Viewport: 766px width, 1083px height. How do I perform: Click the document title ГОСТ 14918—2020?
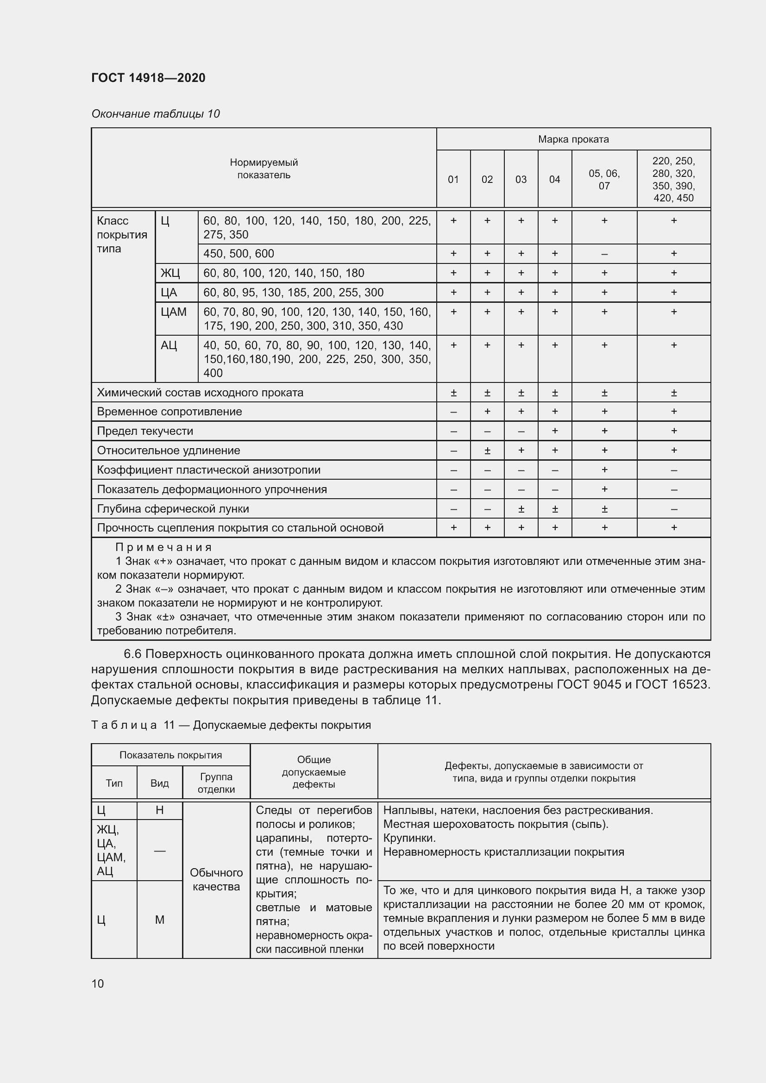pyautogui.click(x=148, y=78)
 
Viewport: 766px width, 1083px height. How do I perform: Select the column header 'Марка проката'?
pyautogui.click(x=573, y=139)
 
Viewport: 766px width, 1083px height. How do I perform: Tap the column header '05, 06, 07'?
pyautogui.click(x=604, y=179)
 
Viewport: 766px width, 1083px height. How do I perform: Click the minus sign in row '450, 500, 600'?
pyautogui.click(x=604, y=254)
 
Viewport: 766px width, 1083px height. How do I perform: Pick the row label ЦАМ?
pyautogui.click(x=174, y=312)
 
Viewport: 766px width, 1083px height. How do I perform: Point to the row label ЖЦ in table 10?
pyautogui.click(x=170, y=273)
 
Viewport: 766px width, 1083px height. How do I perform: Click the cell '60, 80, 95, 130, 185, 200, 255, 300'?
pyautogui.click(x=293, y=293)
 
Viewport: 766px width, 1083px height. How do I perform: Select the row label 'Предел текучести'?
pyautogui.click(x=145, y=431)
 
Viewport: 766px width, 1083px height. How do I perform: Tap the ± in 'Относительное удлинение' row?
pyautogui.click(x=487, y=451)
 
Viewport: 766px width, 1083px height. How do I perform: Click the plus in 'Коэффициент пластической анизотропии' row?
pyautogui.click(x=604, y=470)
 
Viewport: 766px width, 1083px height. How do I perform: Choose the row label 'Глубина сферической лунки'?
pyautogui.click(x=173, y=509)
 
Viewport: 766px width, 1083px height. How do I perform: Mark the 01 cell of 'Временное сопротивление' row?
pyautogui.click(x=453, y=412)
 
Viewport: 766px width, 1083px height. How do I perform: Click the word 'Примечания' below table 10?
pyautogui.click(x=163, y=547)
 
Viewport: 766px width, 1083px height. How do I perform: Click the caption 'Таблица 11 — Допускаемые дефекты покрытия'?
pyautogui.click(x=231, y=725)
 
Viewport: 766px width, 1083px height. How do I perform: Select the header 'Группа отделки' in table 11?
pyautogui.click(x=216, y=783)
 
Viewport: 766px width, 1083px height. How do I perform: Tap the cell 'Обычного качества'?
pyautogui.click(x=216, y=880)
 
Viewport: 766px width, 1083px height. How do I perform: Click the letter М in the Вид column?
pyautogui.click(x=159, y=920)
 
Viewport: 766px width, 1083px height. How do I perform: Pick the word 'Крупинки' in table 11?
pyautogui.click(x=408, y=838)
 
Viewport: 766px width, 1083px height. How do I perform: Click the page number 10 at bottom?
pyautogui.click(x=98, y=983)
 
